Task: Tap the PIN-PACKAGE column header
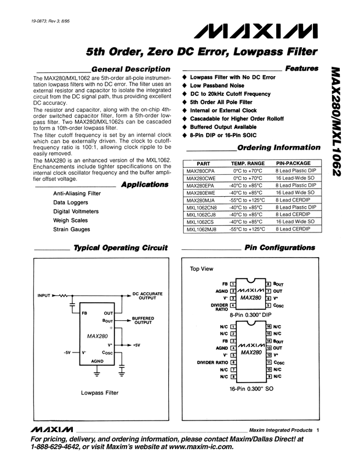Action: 293,163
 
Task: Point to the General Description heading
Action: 130,69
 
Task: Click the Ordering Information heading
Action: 278,147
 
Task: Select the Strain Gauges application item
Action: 72,229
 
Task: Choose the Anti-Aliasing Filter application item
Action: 77,194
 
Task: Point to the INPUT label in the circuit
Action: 43,296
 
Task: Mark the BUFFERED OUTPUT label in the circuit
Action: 144,320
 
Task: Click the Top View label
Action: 202,269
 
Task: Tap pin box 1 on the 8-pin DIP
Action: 233,283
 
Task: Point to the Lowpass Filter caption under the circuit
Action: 100,393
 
